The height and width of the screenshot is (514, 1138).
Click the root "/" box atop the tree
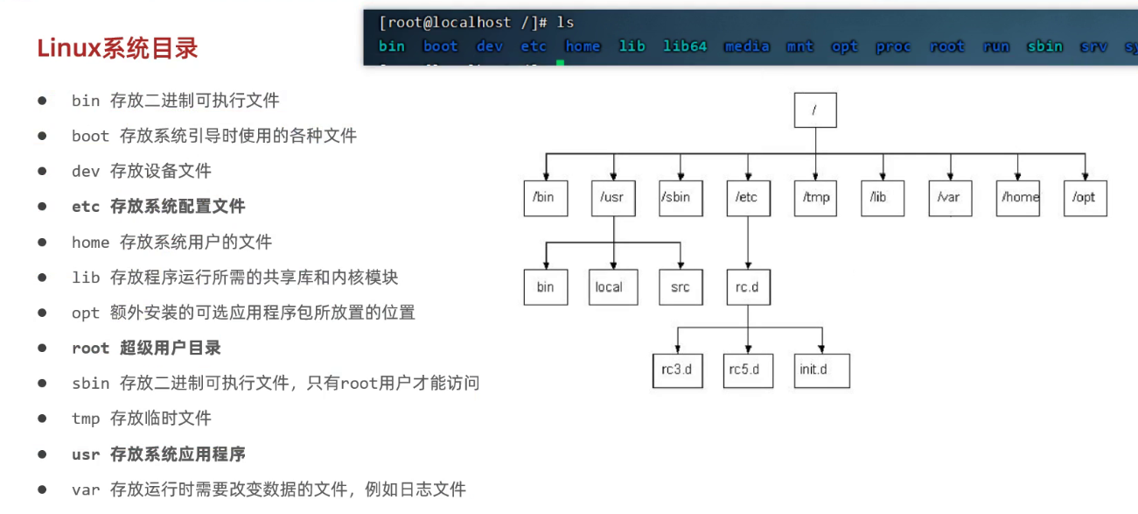[x=815, y=110]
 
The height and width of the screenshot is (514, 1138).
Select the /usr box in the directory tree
[x=612, y=197]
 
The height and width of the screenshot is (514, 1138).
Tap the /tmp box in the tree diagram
[x=815, y=197]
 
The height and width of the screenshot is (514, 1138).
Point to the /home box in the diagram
[x=1019, y=197]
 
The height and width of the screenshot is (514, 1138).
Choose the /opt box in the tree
[x=1085, y=197]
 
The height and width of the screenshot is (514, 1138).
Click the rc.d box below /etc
[x=748, y=286]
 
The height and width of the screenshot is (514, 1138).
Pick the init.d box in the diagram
[x=822, y=370]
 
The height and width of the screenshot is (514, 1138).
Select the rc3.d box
[x=677, y=370]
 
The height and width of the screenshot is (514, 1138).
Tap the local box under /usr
[x=609, y=286]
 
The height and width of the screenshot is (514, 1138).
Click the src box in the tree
[x=681, y=286]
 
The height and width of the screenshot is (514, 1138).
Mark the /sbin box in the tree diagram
[x=680, y=197]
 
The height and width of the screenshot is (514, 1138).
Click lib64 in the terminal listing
[x=684, y=46]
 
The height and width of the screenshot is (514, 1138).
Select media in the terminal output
[x=746, y=46]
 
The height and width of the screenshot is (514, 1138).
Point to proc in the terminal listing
[x=892, y=46]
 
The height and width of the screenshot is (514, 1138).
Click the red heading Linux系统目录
[x=117, y=48]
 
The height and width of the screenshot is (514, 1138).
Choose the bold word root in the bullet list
[x=90, y=348]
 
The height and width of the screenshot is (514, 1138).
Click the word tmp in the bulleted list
[x=86, y=419]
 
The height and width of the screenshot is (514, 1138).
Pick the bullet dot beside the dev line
[x=42, y=171]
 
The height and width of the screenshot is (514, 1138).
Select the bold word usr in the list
[x=86, y=454]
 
